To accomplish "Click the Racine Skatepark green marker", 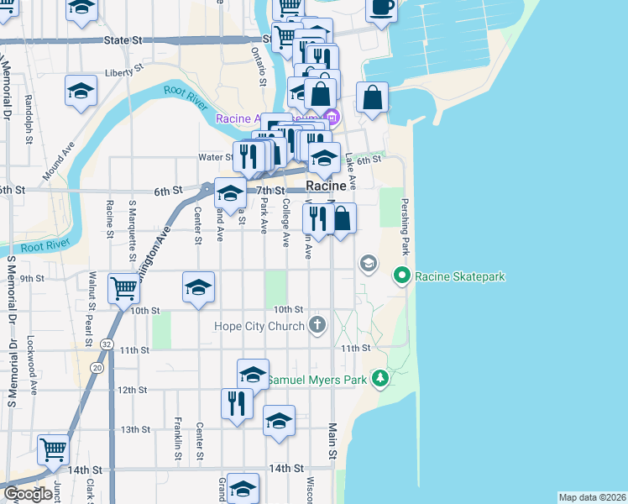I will (402, 275).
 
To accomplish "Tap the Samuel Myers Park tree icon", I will (380, 380).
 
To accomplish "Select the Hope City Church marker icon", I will (317, 325).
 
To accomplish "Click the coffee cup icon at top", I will (381, 8).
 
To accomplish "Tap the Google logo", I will (27, 494).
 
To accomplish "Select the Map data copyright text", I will (592, 497).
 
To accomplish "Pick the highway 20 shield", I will (99, 367).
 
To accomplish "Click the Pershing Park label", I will (406, 228).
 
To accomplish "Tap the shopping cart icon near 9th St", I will (124, 287).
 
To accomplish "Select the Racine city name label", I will (326, 186).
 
